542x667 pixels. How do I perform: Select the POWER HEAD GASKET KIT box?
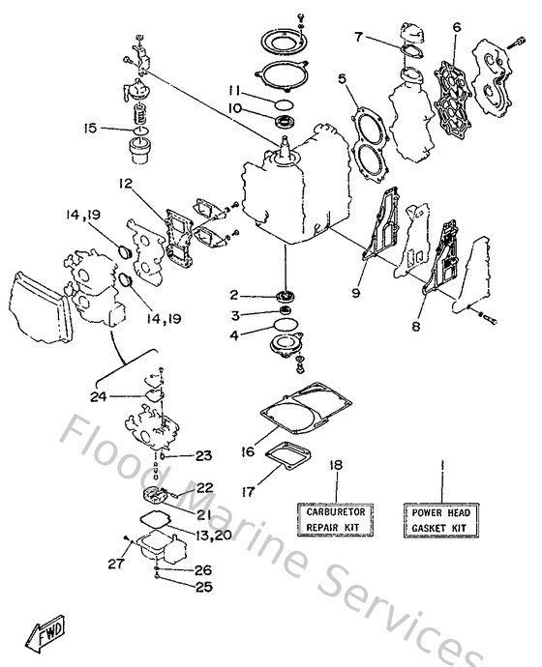(440, 518)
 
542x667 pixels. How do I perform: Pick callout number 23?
(201, 455)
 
